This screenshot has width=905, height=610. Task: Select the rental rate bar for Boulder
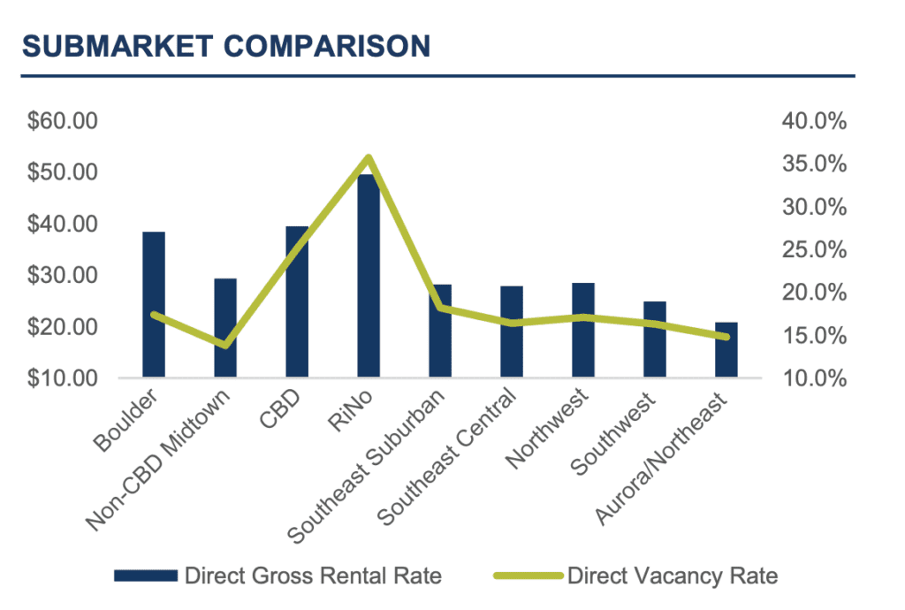point(154,305)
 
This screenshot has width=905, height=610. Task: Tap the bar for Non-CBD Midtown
point(225,328)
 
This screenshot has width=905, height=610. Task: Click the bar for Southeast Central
point(512,332)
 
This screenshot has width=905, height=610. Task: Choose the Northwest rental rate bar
point(583,331)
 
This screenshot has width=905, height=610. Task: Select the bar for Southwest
point(655,339)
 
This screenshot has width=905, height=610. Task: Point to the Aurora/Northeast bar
point(726,350)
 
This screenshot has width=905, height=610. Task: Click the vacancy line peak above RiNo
point(369,158)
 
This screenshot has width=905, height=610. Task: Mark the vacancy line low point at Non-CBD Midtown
point(225,344)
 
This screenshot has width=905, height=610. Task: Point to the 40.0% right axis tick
point(814,121)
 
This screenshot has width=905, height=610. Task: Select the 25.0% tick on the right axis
point(814,250)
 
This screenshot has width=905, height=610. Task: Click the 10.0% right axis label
point(814,378)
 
